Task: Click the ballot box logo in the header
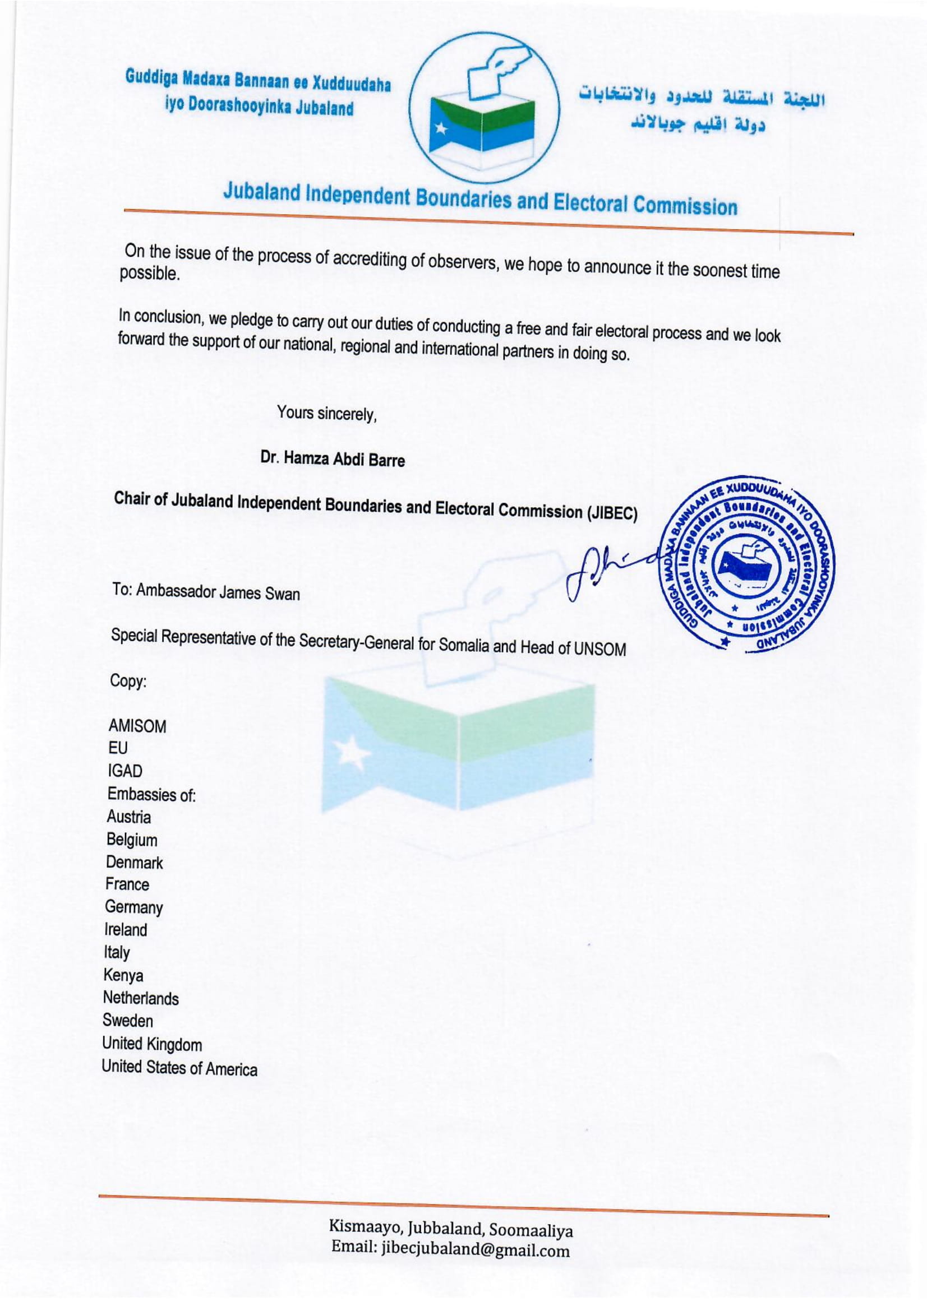485,108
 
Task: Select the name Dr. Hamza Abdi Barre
333,459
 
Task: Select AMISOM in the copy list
137,726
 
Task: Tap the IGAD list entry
124,771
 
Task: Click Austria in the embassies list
128,817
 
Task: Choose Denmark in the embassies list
133,862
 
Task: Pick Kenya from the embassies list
123,975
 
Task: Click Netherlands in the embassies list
141,998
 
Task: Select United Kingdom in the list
151,1044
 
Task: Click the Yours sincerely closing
327,413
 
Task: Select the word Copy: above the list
128,681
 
